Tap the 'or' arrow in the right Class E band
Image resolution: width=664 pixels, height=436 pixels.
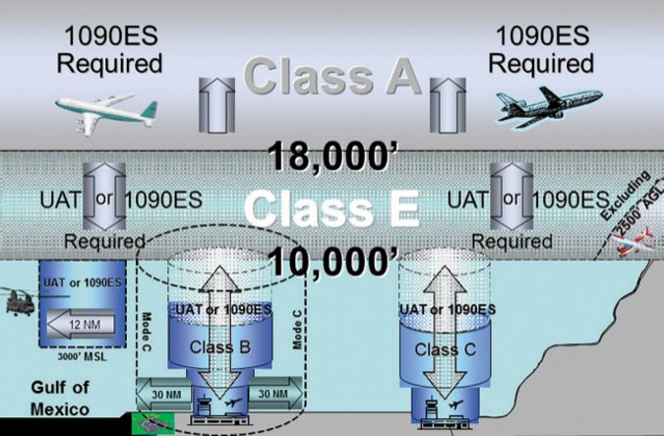(511, 198)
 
